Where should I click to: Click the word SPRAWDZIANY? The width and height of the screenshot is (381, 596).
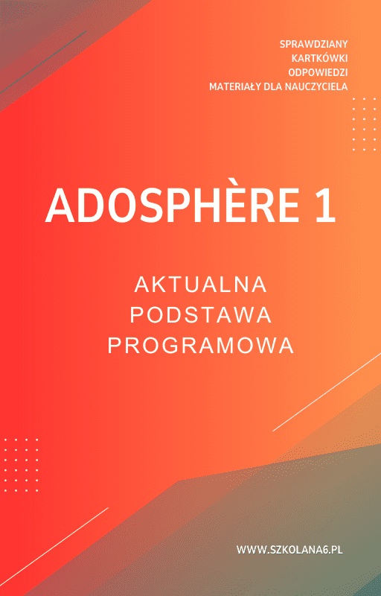tap(313, 44)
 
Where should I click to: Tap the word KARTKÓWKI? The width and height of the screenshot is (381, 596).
tap(319, 58)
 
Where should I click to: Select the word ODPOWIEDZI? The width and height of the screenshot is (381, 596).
tap(317, 72)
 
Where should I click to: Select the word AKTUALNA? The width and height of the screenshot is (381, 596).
tap(201, 285)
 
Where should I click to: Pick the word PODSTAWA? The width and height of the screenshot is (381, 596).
tap(201, 315)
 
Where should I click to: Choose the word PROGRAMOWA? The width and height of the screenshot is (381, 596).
tap(201, 346)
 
